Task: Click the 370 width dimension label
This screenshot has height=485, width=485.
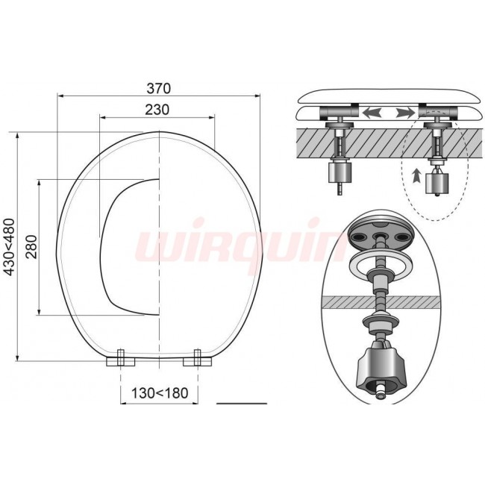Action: (158, 89)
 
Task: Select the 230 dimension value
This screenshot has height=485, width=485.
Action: (157, 110)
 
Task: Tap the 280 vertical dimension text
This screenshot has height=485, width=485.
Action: (31, 246)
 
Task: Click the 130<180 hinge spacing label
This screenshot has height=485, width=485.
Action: (160, 393)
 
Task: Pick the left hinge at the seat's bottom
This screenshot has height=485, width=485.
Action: (121, 358)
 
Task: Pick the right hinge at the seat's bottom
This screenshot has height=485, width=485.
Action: (197, 358)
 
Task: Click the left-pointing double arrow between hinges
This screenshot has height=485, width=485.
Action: (372, 112)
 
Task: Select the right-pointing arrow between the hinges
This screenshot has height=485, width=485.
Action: (405, 112)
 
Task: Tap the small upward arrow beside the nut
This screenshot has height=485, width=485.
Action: (416, 176)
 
